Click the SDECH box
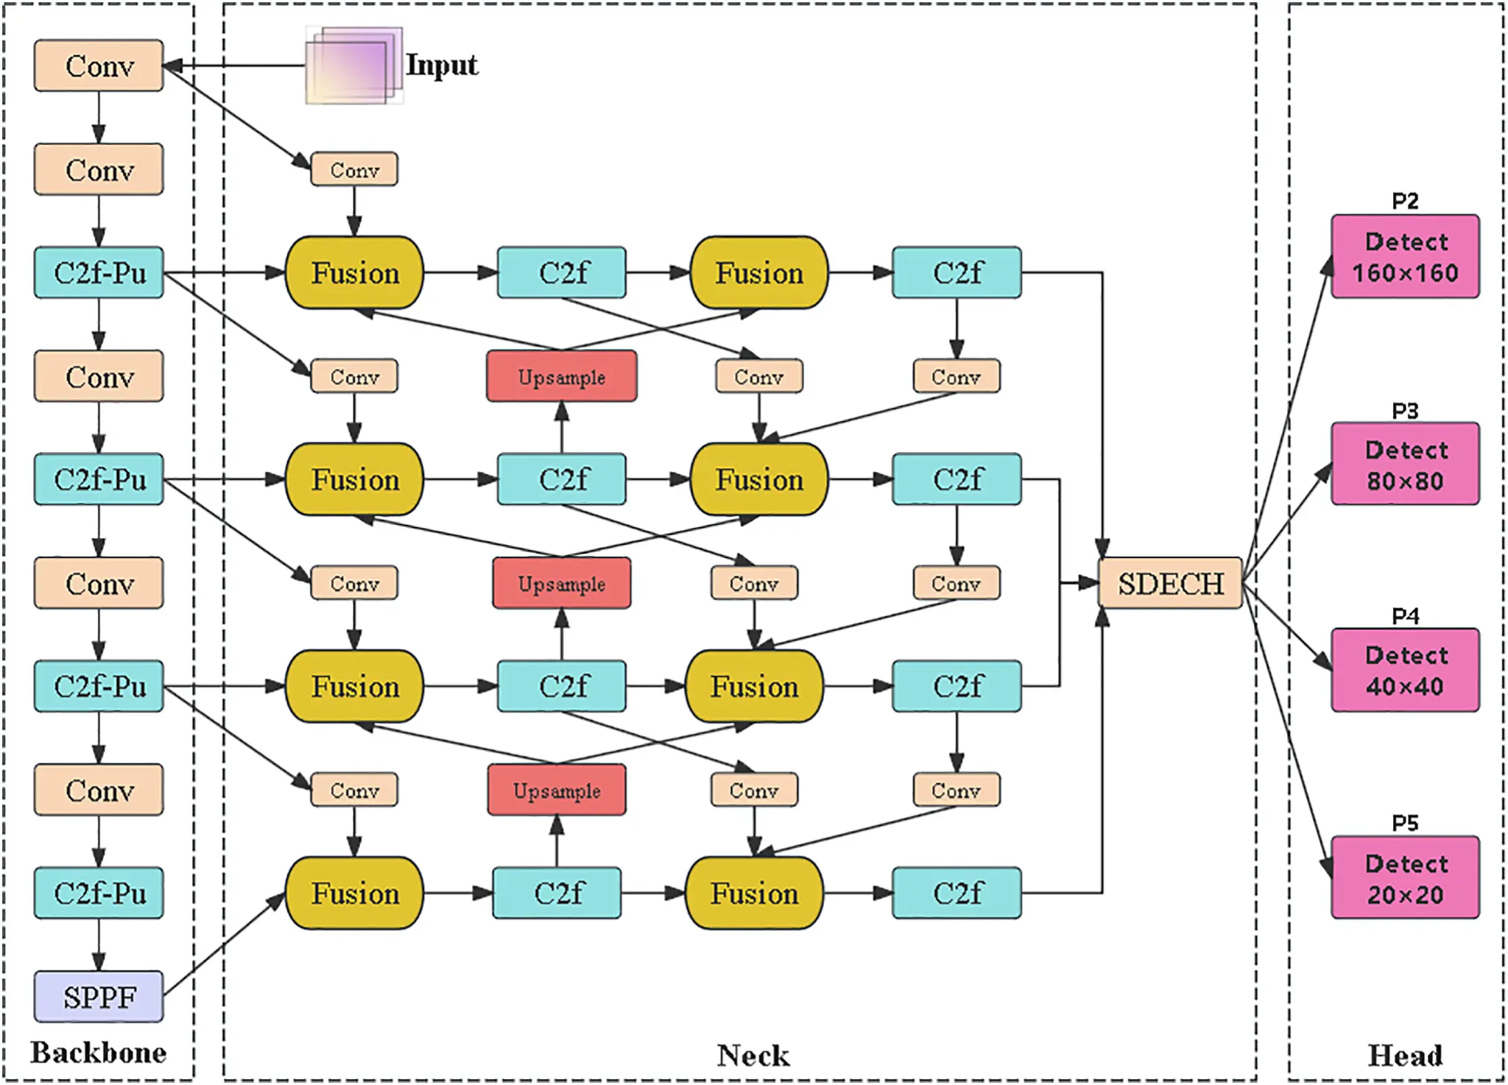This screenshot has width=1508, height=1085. pyautogui.click(x=1170, y=583)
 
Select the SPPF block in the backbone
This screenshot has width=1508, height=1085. pyautogui.click(x=99, y=997)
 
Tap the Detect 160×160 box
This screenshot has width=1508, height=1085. pyautogui.click(x=1404, y=257)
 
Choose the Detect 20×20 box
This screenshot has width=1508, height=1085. pyautogui.click(x=1404, y=877)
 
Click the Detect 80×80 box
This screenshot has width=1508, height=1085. pyautogui.click(x=1404, y=464)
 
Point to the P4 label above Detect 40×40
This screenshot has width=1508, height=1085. pyautogui.click(x=1405, y=616)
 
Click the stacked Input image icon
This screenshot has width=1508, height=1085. pyautogui.click(x=354, y=66)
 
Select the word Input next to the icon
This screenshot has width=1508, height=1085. pyautogui.click(x=442, y=65)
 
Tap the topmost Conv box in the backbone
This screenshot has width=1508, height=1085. pyautogui.click(x=99, y=66)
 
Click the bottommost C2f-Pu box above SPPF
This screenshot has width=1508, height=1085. pyautogui.click(x=99, y=893)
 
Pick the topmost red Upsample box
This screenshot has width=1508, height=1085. pyautogui.click(x=562, y=376)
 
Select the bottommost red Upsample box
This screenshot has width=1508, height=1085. pyautogui.click(x=557, y=790)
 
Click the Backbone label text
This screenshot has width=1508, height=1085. pyautogui.click(x=98, y=1053)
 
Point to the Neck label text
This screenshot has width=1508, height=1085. pyautogui.click(x=753, y=1056)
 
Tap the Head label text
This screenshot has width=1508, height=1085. pyautogui.click(x=1404, y=1056)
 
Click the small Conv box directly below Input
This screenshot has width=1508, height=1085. pyautogui.click(x=354, y=169)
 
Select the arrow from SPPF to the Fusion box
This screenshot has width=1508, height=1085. pyautogui.click(x=225, y=944)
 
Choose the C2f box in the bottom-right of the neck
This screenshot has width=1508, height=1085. pyautogui.click(x=956, y=893)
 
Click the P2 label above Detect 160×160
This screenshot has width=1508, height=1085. pyautogui.click(x=1405, y=201)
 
